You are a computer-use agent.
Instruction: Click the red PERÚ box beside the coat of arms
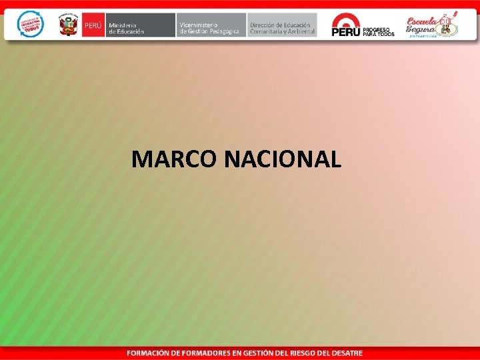coord(93,25)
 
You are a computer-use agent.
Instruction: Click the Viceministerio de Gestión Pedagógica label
coord(210,25)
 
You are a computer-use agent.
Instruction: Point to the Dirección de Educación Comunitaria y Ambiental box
coord(282,25)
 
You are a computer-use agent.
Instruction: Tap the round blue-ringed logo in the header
coord(30,24)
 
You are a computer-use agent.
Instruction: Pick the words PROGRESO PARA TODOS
coord(379,31)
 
